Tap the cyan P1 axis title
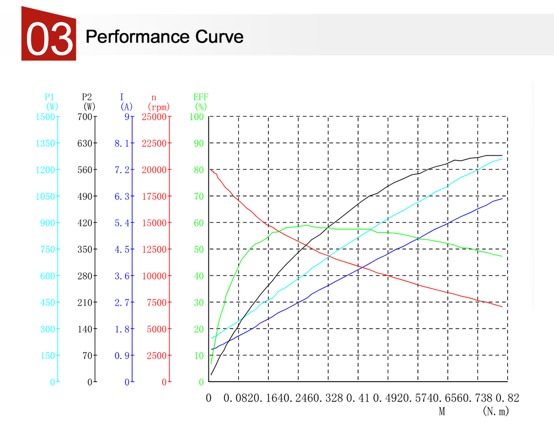pos(50,97)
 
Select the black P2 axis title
pos(87,97)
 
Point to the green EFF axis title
pos(201,97)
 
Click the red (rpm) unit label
pos(159,107)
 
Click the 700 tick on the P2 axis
pos(85,117)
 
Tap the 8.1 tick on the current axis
pos(122,143)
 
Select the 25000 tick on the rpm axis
pos(154,117)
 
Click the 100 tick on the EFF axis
pos(197,117)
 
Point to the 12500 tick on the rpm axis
pos(154,249)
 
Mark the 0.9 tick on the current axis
pos(122,356)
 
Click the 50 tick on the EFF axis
pos(198,249)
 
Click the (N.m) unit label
pos(496,412)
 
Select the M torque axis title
pos(442,412)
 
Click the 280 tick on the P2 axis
pos(85,276)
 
